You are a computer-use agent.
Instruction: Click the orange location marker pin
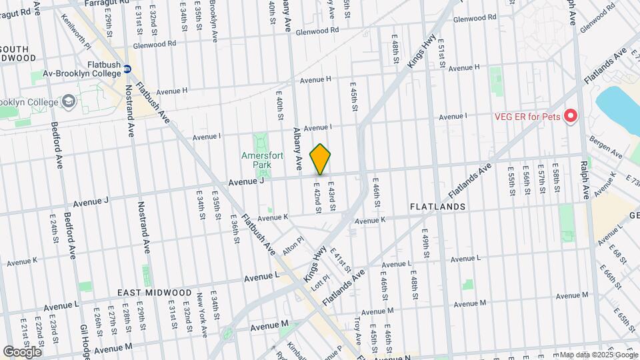(321, 159)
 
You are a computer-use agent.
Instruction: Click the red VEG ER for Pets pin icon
(570, 117)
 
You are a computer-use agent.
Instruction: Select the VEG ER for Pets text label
(527, 116)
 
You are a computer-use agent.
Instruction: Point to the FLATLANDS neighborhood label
(438, 207)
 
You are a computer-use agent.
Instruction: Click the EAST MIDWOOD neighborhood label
(155, 293)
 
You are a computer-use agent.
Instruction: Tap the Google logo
(22, 351)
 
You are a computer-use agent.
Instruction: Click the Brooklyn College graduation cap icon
(69, 101)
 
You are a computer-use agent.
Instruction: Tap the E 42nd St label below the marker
(318, 199)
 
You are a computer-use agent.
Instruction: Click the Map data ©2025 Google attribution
(599, 355)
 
